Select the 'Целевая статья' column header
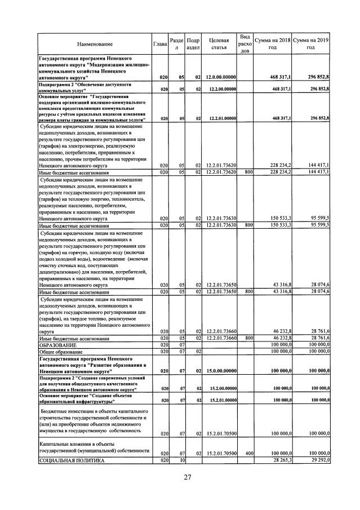point(219,44)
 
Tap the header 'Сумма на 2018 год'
point(272,44)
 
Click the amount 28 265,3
point(279,460)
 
